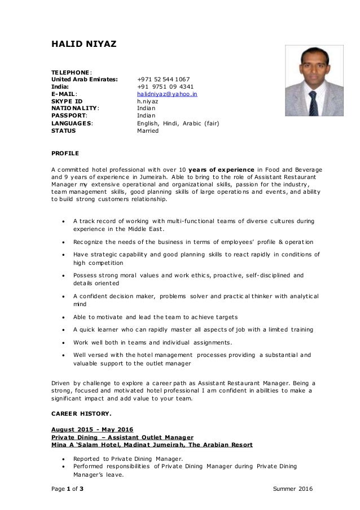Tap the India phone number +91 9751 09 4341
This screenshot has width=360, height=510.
coord(163,88)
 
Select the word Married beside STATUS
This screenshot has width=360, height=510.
coord(148,130)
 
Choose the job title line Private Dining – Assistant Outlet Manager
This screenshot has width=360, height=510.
coord(122,437)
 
